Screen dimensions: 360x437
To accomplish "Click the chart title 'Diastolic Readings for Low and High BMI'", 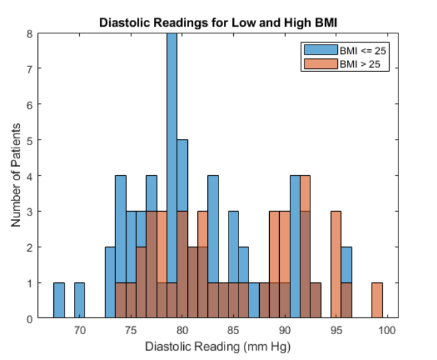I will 218,22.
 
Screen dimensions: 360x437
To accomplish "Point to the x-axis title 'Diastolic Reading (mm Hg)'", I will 218,347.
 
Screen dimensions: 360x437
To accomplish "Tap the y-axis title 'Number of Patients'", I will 16,175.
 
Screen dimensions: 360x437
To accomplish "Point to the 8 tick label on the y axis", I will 29,33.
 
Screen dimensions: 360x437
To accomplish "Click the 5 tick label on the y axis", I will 29,140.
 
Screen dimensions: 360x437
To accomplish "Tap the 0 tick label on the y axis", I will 29,319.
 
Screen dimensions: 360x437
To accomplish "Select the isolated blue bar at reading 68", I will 59,301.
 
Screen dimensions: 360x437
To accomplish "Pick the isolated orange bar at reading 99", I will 377,301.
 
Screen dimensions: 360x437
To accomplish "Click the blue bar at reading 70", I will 79,301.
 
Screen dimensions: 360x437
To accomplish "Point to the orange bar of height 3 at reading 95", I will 336,246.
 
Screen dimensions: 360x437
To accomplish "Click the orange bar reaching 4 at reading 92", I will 305,193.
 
